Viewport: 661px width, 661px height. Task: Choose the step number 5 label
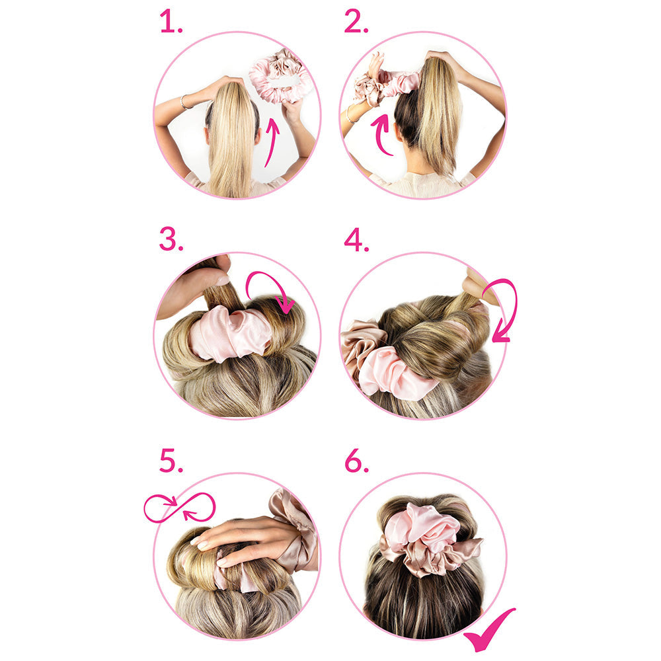point(171,461)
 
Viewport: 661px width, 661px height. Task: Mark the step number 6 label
point(356,462)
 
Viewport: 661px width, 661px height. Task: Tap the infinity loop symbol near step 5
point(179,508)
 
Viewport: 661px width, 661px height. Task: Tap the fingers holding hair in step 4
point(478,284)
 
